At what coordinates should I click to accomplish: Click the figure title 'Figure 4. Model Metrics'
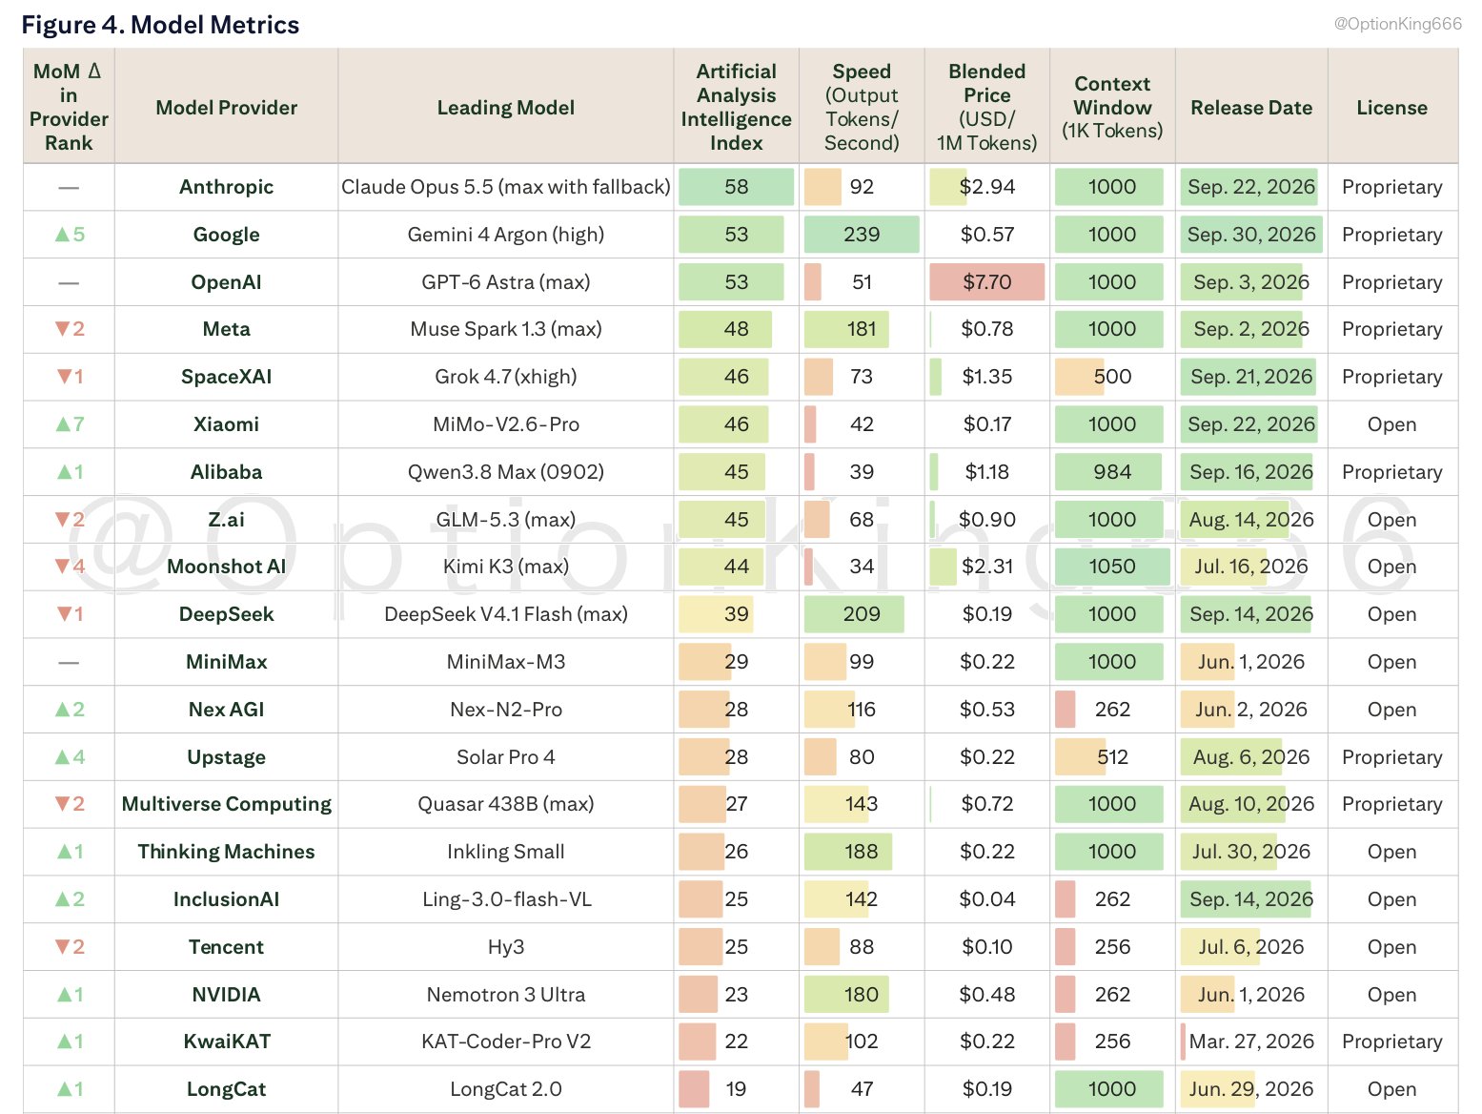pos(160,25)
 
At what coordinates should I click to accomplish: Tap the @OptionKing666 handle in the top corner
pos(1397,24)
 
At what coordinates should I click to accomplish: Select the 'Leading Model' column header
pos(506,108)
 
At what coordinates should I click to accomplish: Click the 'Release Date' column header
pos(1251,108)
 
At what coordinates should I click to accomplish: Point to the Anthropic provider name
pos(226,186)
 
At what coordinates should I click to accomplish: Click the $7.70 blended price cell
pos(986,281)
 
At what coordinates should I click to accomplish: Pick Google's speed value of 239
pos(862,235)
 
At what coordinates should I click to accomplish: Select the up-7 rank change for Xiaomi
pos(70,424)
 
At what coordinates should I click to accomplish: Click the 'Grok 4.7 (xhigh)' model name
pos(506,377)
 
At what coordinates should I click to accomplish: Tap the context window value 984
pos(1112,471)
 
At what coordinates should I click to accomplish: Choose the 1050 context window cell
pos(1112,567)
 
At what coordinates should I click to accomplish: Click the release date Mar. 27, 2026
pos(1251,1042)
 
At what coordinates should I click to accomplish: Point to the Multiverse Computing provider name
pos(226,804)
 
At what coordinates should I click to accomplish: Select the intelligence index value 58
pos(736,186)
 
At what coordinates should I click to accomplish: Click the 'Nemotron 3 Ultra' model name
pos(506,995)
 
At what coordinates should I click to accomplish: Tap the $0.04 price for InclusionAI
pos(986,899)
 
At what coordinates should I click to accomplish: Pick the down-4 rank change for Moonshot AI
pos(70,567)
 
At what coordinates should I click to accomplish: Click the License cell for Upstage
pos(1391,756)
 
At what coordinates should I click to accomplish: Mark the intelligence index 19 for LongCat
pos(736,1089)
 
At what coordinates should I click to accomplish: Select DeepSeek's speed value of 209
pos(862,614)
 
